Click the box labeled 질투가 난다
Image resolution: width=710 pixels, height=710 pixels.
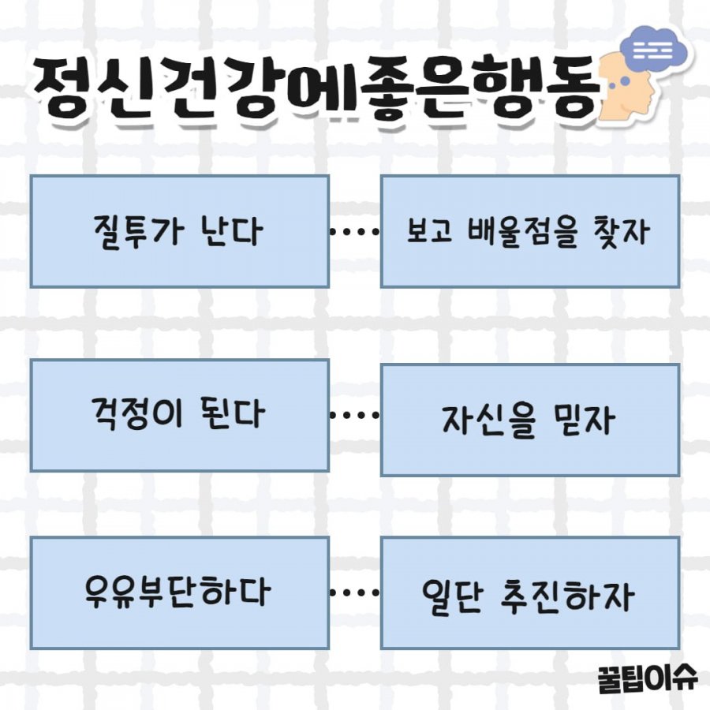180,231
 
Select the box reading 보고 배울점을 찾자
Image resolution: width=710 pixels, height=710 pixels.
529,231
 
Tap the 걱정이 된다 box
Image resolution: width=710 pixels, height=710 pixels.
180,415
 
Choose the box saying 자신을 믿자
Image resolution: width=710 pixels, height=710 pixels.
529,420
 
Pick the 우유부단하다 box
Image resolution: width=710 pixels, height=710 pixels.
180,592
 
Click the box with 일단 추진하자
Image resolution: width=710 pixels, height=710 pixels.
529,592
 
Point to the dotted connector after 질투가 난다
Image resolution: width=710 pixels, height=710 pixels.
354,232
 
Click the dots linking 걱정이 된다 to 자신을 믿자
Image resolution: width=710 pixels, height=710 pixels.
354,415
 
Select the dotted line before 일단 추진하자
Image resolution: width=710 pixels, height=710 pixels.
354,592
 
